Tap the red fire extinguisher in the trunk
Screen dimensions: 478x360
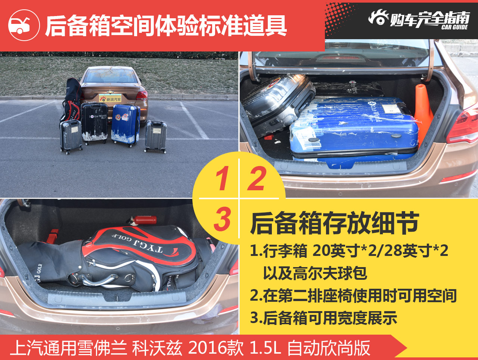coord(142,220)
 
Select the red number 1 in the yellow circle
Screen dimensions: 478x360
coord(223,178)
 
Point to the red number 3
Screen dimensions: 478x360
coord(222,219)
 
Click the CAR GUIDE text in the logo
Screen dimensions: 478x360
coord(454,27)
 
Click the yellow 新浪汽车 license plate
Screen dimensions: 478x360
coord(110,98)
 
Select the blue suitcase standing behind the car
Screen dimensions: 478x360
coord(125,125)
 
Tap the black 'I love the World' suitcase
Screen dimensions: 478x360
coord(94,123)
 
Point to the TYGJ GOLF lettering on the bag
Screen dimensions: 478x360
coord(137,243)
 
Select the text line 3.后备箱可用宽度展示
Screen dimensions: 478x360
coord(324,318)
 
